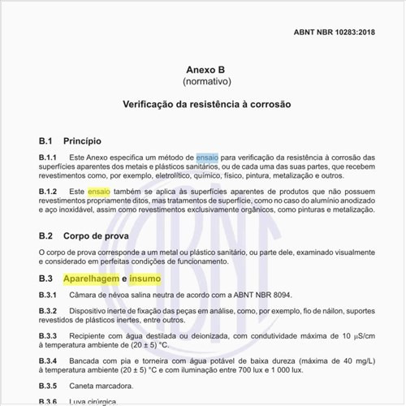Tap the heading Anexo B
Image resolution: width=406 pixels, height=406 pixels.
tap(202, 70)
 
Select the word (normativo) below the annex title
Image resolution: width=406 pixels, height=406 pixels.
tap(202, 83)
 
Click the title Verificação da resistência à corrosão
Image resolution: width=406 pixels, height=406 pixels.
tap(202, 105)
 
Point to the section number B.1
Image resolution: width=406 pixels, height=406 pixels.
tap(45, 140)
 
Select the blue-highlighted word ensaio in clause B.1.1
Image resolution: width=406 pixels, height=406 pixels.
tap(207, 157)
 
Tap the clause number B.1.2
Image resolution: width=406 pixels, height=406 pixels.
tap(48, 191)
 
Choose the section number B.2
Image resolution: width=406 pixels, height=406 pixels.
tap(45, 236)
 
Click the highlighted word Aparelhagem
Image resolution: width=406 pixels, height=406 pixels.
tap(90, 279)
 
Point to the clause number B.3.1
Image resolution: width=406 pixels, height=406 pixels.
tap(48, 295)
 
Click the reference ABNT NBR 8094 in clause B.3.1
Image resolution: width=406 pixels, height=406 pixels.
tap(260, 295)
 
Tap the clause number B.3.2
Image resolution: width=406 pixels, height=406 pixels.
tap(48, 312)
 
